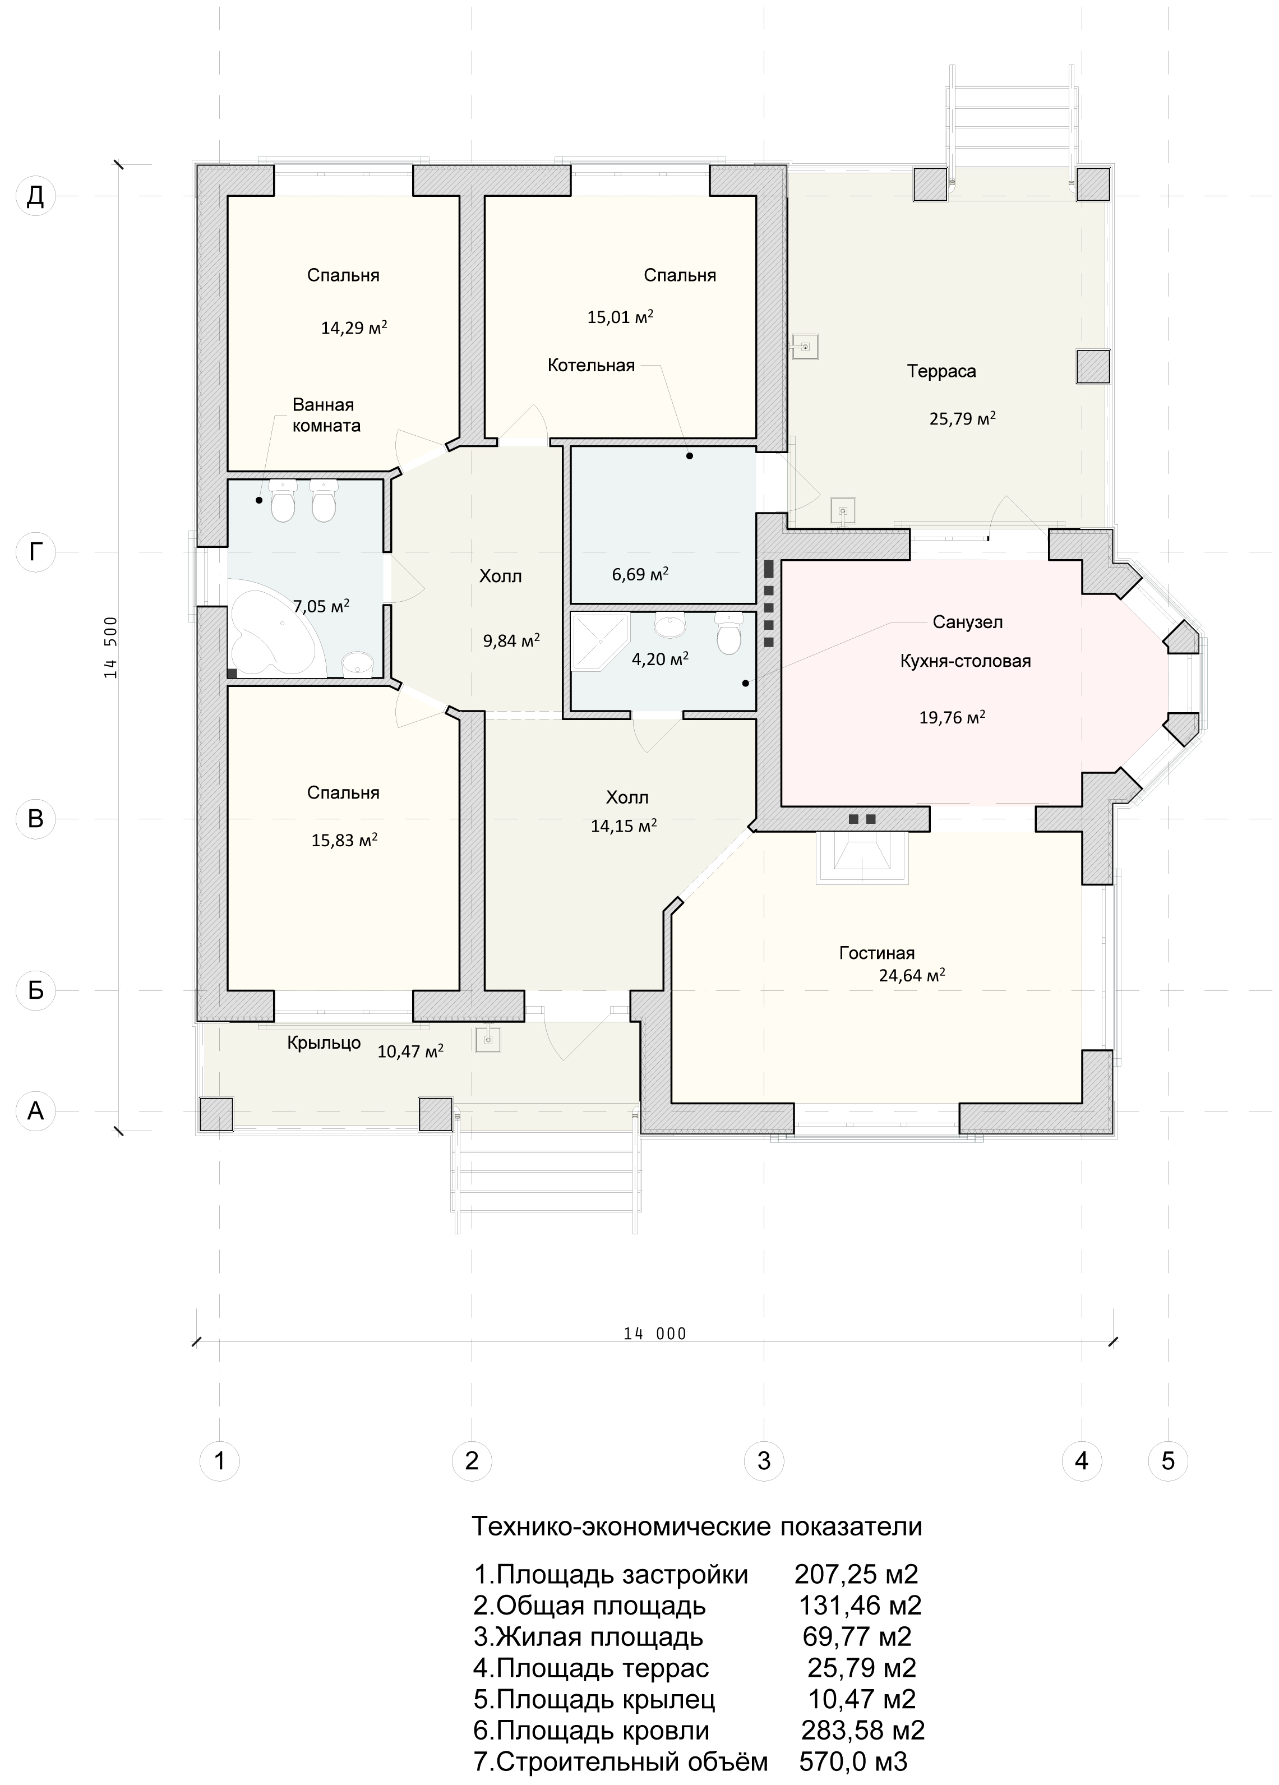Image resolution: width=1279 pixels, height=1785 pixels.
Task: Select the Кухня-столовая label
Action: pos(965,661)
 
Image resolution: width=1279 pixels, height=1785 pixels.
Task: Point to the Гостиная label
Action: pos(876,953)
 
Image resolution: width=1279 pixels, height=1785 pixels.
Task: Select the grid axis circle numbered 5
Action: pos(1168,1461)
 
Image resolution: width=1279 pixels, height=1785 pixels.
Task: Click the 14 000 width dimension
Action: pos(655,1333)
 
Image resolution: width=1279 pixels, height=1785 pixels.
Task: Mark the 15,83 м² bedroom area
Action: pos(344,840)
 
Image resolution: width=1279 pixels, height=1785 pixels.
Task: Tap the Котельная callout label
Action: pos(591,365)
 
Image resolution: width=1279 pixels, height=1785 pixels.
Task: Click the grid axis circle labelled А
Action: pos(35,1110)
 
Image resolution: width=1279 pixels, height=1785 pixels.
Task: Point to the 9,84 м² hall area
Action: pos(511,640)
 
